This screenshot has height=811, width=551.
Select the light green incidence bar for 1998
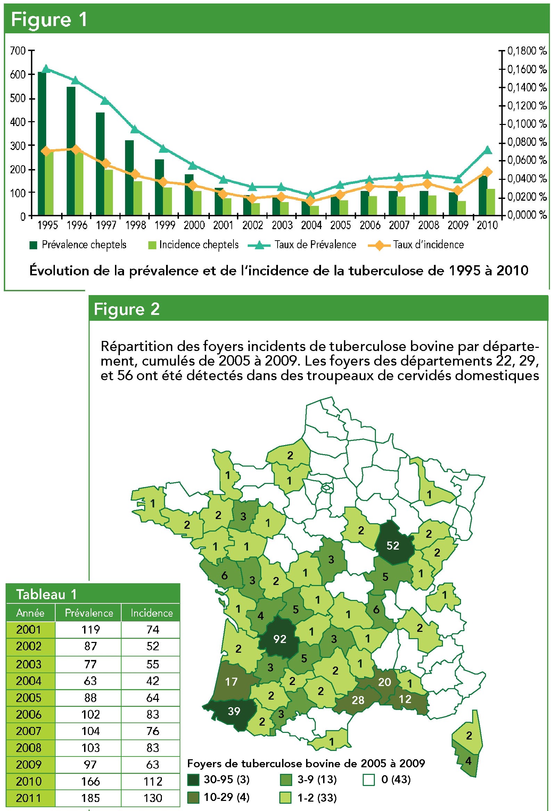pyautogui.click(x=138, y=198)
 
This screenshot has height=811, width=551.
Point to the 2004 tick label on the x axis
pyautogui.click(x=311, y=225)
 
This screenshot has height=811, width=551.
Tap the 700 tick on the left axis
pyautogui.click(x=18, y=51)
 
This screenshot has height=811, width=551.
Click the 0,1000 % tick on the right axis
pyautogui.click(x=527, y=124)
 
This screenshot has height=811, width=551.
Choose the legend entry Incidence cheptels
pyautogui.click(x=194, y=245)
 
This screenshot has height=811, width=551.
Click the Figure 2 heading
pyautogui.click(x=127, y=309)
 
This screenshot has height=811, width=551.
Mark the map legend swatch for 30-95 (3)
pyautogui.click(x=194, y=778)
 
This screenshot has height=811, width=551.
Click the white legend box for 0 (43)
pyautogui.click(x=369, y=778)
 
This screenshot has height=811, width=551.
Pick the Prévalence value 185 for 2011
pyautogui.click(x=90, y=798)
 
